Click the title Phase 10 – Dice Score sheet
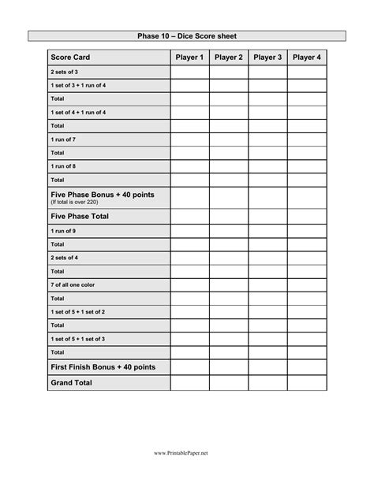coord(187,35)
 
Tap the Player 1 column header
coord(189,58)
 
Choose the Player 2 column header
coord(229,58)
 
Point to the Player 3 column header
coord(267,58)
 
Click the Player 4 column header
coord(307,58)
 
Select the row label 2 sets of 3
coord(64,72)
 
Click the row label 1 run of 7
coord(63,139)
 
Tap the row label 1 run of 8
coord(63,166)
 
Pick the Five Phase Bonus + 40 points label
coord(102,194)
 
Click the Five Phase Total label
coord(80,215)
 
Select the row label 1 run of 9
coord(63,232)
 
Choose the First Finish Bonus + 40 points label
coord(103,366)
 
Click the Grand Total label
coord(71,382)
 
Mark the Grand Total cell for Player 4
coord(307,383)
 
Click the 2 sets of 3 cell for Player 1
coord(189,72)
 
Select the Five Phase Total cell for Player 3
coord(267,215)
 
